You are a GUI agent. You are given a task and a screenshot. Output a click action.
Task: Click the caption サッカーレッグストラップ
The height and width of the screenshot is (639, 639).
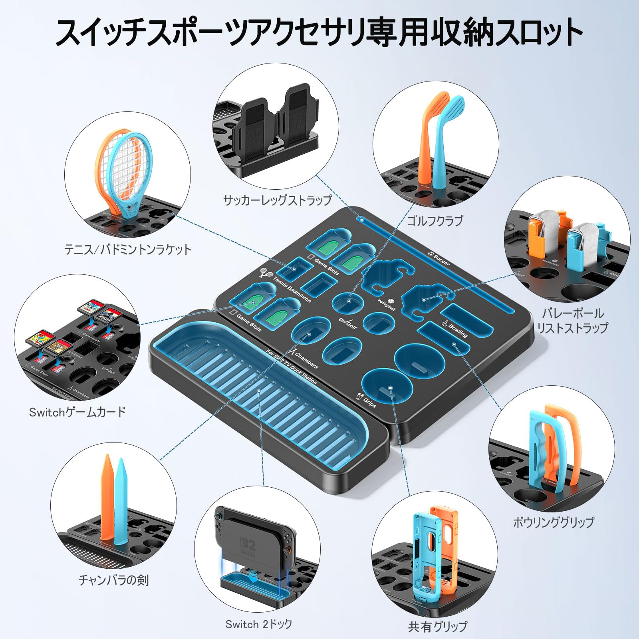tap(277, 200)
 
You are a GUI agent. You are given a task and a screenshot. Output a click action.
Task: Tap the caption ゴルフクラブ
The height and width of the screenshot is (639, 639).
tap(435, 220)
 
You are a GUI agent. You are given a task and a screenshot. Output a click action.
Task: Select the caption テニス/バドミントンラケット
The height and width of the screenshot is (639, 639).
tap(128, 250)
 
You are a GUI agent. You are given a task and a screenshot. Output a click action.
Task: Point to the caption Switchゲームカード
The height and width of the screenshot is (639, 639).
tap(77, 412)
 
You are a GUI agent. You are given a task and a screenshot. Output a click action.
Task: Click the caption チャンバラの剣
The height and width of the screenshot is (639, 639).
tap(114, 579)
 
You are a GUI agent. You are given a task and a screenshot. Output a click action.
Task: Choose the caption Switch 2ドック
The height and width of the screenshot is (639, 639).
tap(259, 624)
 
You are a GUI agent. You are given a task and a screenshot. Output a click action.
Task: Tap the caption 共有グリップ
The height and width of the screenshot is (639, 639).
tap(437, 626)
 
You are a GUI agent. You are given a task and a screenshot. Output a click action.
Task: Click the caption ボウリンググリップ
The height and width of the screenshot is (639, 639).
tap(554, 522)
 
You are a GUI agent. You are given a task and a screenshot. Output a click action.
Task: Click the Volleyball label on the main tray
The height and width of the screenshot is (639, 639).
tap(387, 305)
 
